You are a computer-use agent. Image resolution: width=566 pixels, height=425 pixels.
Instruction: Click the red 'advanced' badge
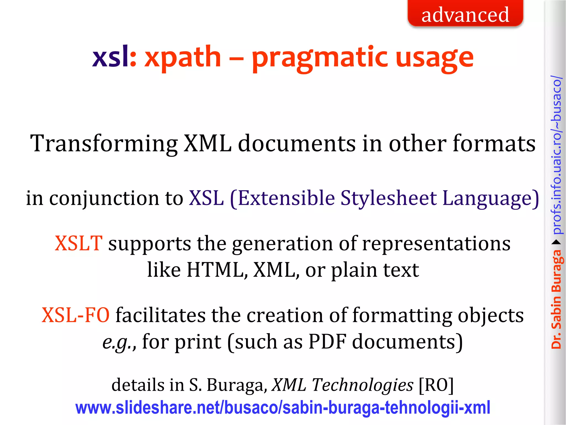[465, 14]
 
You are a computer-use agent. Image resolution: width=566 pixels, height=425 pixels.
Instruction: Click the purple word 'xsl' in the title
[110, 57]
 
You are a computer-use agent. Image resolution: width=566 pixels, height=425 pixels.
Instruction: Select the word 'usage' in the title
[434, 58]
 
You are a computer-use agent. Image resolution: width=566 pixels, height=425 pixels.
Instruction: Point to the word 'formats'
[494, 143]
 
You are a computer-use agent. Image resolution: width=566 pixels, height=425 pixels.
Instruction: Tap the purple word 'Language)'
[491, 199]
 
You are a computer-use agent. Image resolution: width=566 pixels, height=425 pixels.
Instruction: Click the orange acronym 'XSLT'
[78, 243]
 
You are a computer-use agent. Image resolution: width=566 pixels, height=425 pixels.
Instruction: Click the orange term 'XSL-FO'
[75, 315]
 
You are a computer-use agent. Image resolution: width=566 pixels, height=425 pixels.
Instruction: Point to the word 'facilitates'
[160, 315]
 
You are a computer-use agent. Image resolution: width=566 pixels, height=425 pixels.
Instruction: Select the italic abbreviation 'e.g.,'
[119, 342]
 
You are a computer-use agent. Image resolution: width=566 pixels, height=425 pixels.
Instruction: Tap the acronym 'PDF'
[327, 341]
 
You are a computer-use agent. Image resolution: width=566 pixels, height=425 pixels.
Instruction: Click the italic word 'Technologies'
[363, 385]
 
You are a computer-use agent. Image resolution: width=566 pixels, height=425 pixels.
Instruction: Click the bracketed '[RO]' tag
[436, 385]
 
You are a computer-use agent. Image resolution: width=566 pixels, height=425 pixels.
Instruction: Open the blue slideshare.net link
[283, 408]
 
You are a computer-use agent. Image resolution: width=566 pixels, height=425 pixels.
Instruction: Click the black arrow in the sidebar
[556, 242]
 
